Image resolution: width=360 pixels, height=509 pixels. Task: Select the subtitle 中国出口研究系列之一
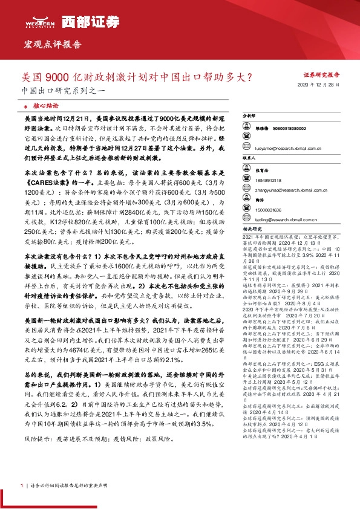[55, 94]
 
